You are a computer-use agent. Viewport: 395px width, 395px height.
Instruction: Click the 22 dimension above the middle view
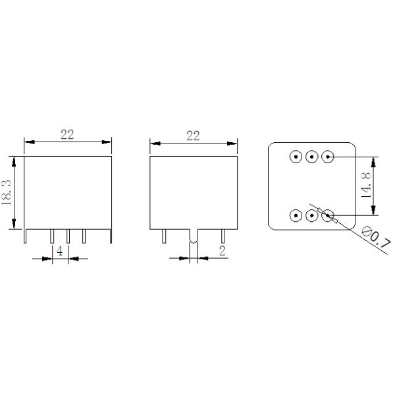(193, 136)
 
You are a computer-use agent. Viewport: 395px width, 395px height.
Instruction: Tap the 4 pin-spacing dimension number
(59, 251)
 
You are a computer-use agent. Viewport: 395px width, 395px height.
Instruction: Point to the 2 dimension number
(222, 251)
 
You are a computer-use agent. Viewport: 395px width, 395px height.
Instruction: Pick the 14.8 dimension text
(367, 186)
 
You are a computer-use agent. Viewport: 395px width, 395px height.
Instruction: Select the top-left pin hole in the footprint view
(296, 157)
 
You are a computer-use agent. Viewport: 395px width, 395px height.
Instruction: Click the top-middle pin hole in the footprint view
(312, 157)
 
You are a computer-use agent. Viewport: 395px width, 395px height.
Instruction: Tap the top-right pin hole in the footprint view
(328, 157)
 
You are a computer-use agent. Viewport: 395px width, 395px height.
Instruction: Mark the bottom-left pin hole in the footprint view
(296, 215)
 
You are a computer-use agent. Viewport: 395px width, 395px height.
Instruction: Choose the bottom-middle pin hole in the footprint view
(312, 215)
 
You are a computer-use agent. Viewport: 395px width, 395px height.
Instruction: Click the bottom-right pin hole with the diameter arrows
(328, 215)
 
